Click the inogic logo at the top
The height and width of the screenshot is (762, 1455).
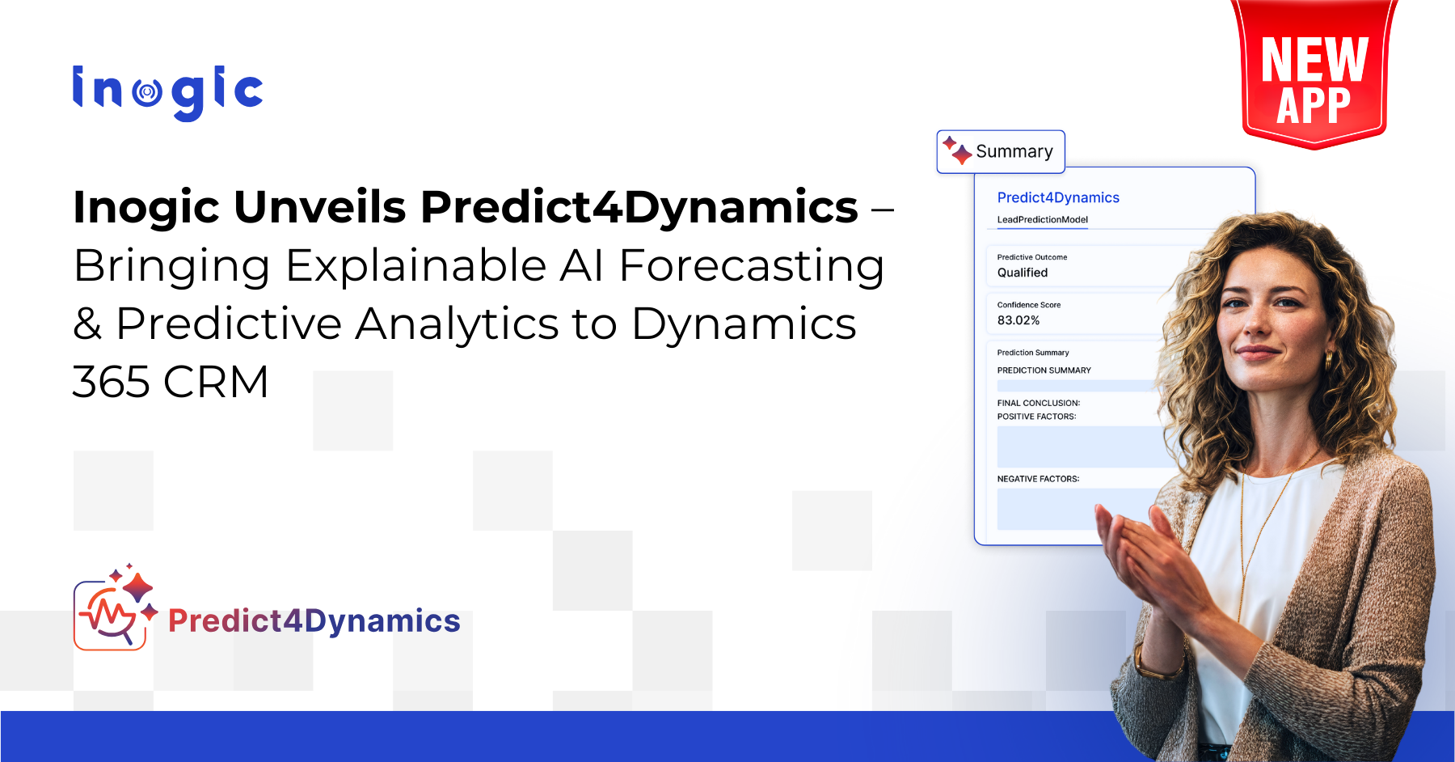tap(167, 92)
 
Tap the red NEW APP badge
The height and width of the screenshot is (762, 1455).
tap(1314, 75)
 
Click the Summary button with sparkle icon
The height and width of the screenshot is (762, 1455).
tap(1001, 151)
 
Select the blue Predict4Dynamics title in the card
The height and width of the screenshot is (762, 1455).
tap(1058, 197)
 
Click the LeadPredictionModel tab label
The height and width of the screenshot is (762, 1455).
tap(1042, 219)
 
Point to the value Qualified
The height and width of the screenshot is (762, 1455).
tap(1023, 273)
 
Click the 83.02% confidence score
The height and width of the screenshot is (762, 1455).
tap(1018, 320)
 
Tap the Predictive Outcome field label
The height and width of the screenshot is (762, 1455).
tap(1032, 257)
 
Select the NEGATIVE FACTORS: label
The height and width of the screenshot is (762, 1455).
tap(1038, 479)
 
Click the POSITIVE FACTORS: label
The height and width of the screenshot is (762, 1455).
tap(1036, 417)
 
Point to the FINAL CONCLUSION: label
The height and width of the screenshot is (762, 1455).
tap(1039, 403)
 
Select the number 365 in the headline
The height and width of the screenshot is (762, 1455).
tap(112, 382)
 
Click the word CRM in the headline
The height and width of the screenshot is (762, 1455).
tap(216, 382)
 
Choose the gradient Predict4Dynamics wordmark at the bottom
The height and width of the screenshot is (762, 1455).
tap(314, 620)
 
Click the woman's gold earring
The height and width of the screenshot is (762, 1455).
tap(1327, 360)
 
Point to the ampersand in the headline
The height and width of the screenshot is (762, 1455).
tap(87, 324)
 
